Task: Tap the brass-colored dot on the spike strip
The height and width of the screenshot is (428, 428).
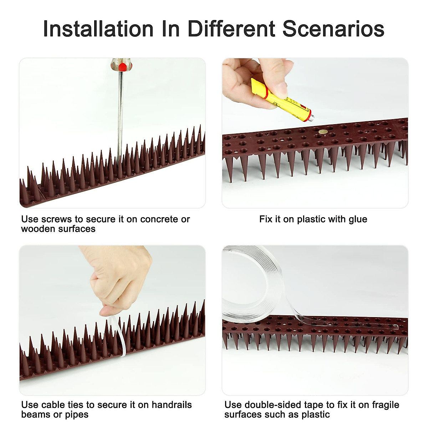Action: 322,132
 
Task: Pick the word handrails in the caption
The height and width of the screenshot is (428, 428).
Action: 172,404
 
